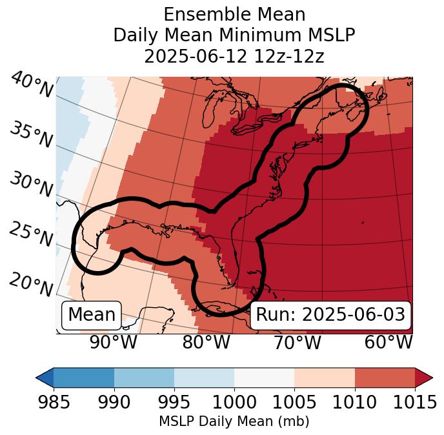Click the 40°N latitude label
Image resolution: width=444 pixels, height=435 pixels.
(x=31, y=85)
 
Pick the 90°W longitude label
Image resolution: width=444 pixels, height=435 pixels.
(x=113, y=343)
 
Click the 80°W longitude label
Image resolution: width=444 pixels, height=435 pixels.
(x=206, y=343)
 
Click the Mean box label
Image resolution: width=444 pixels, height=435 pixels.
(x=92, y=315)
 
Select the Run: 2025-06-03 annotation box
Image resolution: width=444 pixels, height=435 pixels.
(x=330, y=315)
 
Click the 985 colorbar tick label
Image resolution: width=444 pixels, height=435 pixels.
(x=54, y=402)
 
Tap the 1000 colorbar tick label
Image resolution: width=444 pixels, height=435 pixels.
(x=234, y=402)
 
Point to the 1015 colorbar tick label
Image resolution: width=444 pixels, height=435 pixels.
(x=414, y=402)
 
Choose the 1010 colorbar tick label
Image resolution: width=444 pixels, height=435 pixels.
(x=354, y=402)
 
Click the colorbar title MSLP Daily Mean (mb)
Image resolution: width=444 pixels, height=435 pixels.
(x=234, y=421)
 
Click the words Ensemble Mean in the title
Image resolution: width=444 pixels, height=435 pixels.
(x=234, y=14)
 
